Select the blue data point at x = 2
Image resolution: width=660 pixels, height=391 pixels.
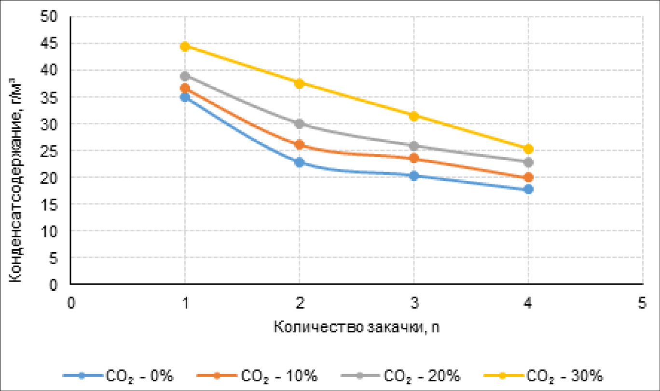299,162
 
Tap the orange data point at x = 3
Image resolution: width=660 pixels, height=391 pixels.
414,158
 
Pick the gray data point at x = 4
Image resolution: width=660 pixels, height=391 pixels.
528,162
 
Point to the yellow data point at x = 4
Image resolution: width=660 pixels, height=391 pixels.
528,148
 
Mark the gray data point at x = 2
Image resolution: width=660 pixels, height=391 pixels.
299,123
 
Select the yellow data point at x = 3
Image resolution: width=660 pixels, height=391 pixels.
414,116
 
